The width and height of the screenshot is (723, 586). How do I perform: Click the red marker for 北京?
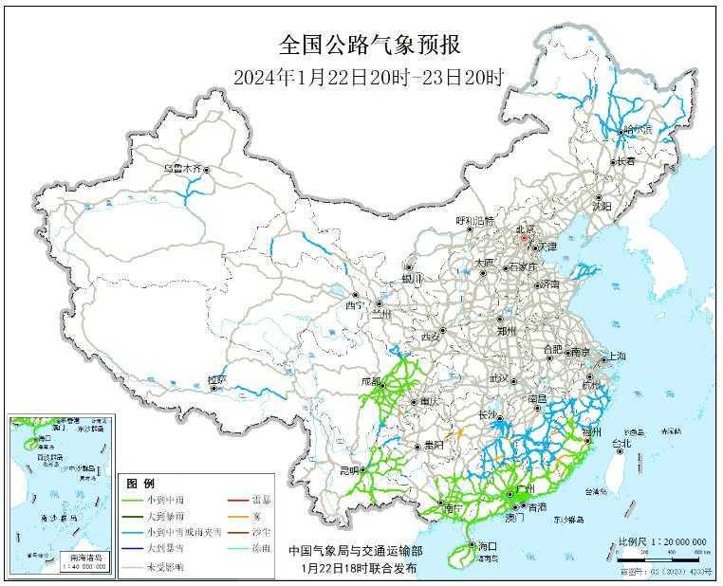point(533,239)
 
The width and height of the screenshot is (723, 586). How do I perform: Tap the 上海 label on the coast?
point(616,357)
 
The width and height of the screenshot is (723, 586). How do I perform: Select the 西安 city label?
point(431,337)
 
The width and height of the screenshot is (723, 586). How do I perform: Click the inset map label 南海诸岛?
point(82,559)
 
